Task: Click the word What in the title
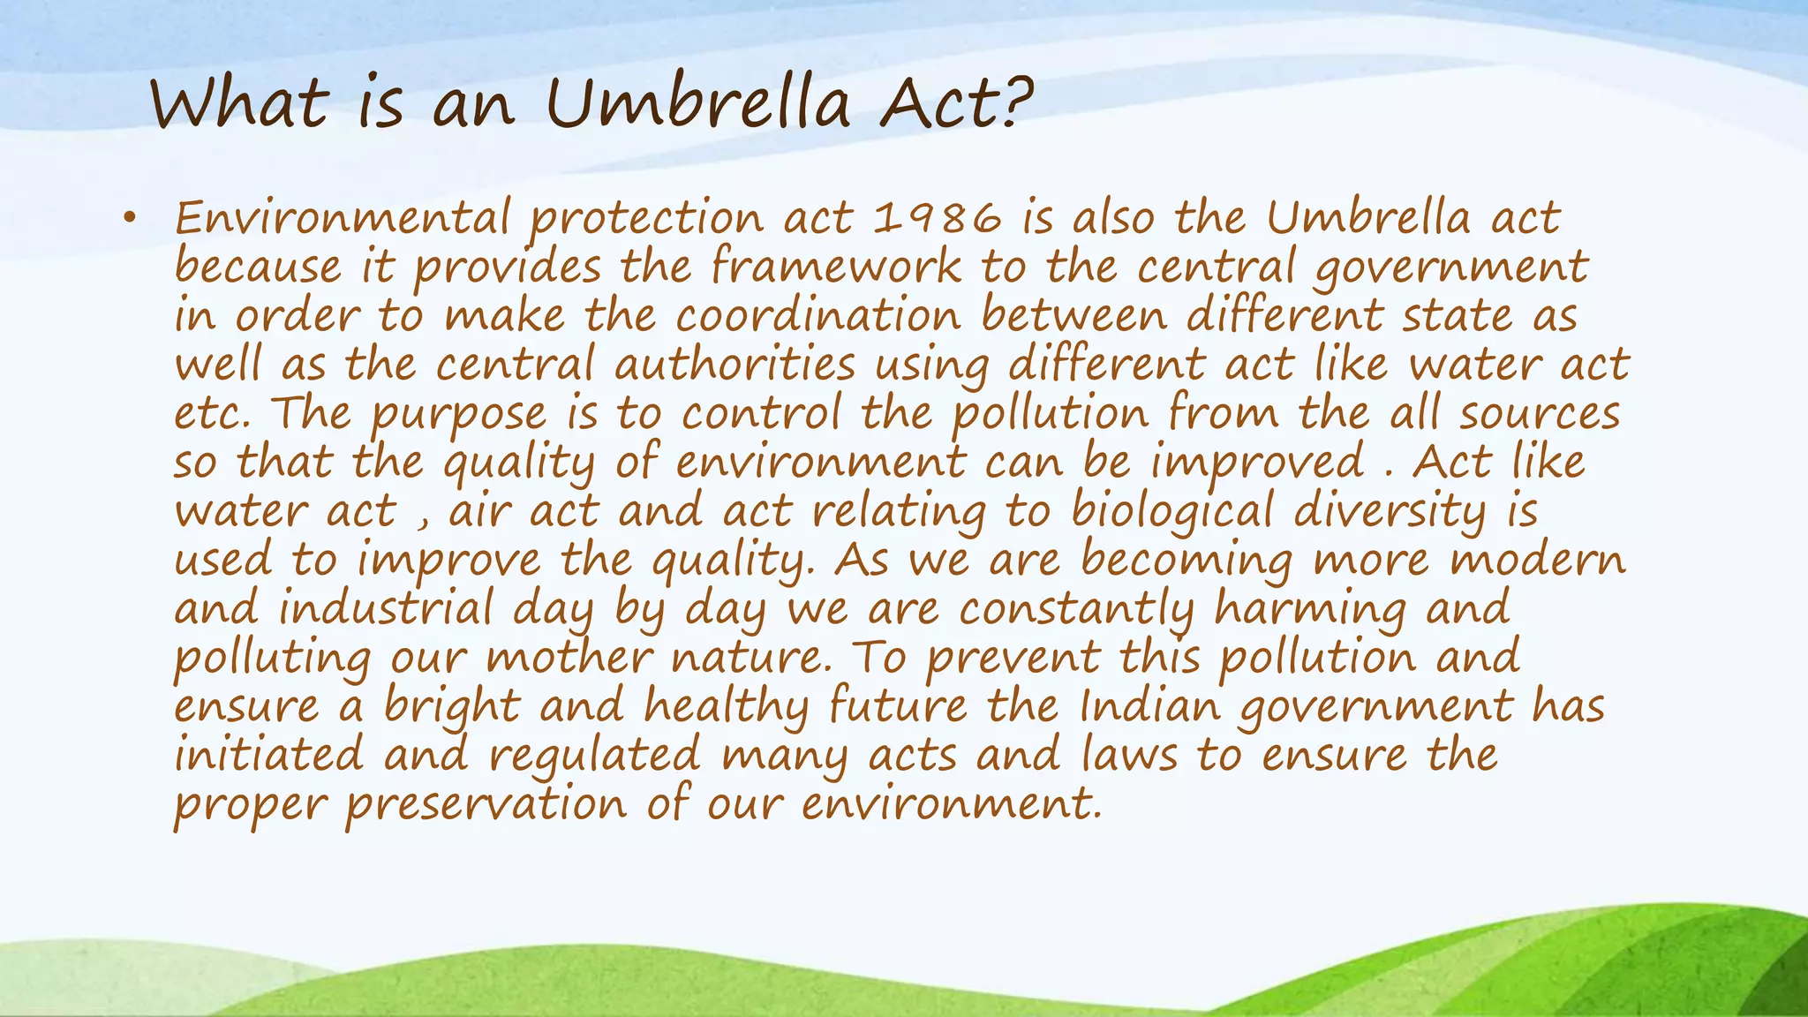[239, 104]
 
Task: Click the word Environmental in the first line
[343, 218]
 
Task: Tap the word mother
[569, 658]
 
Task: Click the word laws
[1130, 756]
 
